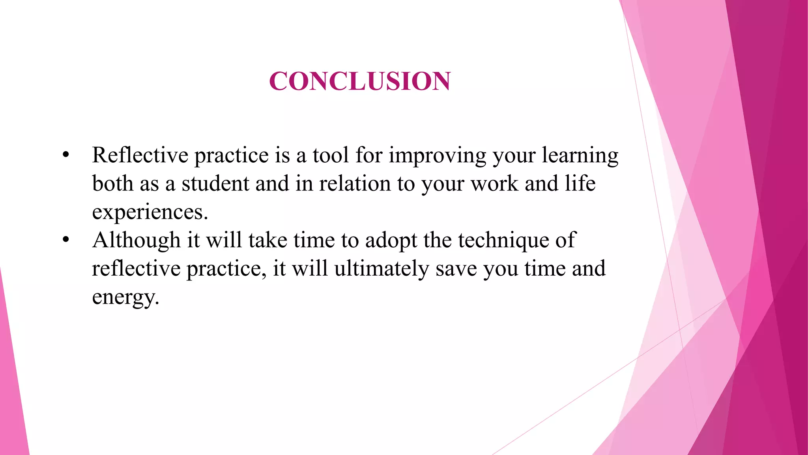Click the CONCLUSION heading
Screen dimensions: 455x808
pyautogui.click(x=359, y=81)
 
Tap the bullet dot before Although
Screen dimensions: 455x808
pyautogui.click(x=66, y=240)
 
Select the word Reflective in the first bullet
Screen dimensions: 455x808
pyautogui.click(x=140, y=155)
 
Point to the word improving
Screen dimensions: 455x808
pyautogui.click(x=437, y=156)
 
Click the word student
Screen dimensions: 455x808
pyautogui.click(x=215, y=184)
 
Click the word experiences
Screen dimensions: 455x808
pyautogui.click(x=150, y=212)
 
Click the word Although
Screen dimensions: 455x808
pyautogui.click(x=136, y=240)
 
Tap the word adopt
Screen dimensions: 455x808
pyautogui.click(x=391, y=241)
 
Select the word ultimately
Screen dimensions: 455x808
pyautogui.click(x=382, y=269)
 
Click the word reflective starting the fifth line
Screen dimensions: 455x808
pyautogui.click(x=136, y=269)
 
